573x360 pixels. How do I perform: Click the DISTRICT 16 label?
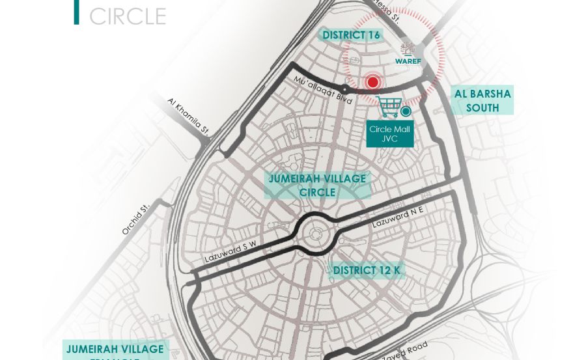point(352,35)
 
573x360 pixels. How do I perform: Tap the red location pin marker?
point(372,82)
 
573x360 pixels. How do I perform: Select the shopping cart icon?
point(389,107)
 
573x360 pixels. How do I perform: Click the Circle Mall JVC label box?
point(389,133)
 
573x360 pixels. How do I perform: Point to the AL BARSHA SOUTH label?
point(482,101)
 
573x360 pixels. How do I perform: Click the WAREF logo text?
point(408,62)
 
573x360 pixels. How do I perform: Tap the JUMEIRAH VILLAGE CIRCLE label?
point(317,186)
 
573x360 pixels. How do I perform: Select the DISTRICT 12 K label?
point(367,270)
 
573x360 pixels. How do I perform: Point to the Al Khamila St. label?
point(188,117)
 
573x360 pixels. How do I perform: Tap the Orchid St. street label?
point(135,219)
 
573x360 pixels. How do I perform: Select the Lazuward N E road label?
point(398,217)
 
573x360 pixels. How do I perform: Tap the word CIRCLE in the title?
point(128,16)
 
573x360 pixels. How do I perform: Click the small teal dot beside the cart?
point(406,111)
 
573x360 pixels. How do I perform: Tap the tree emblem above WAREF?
point(408,49)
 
